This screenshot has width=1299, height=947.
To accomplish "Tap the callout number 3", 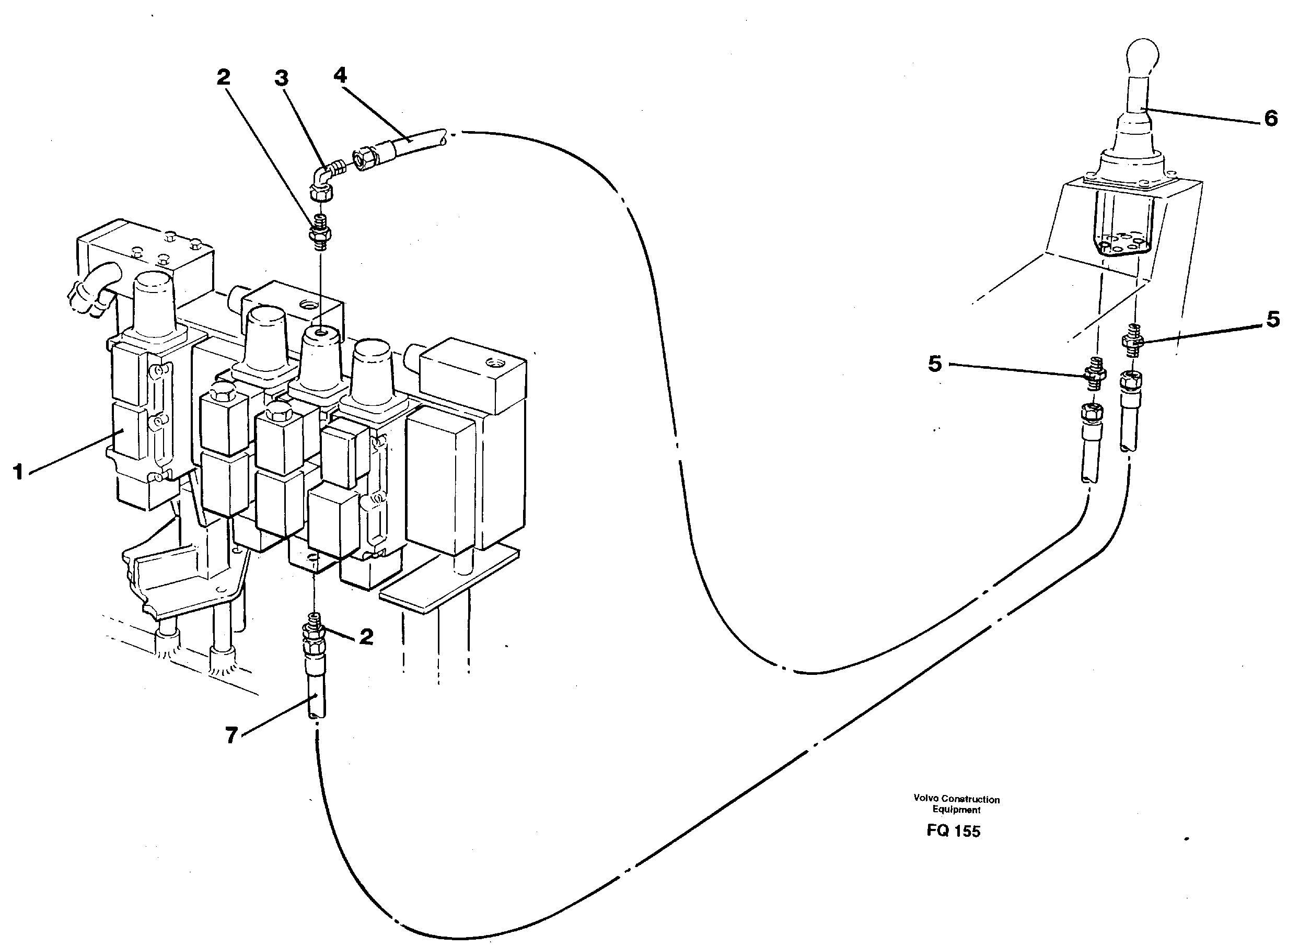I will (281, 78).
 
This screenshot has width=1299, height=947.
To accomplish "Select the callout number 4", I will (340, 75).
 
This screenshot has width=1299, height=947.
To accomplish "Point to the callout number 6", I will (1271, 119).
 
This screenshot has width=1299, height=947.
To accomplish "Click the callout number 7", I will (231, 735).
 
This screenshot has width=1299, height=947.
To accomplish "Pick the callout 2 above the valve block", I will (223, 77).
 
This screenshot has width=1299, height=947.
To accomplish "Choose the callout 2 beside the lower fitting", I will (366, 636).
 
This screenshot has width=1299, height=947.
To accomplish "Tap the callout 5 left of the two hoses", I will (935, 364).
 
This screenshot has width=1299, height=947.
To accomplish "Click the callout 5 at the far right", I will (1273, 319).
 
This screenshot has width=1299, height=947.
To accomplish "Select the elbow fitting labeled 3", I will (324, 178).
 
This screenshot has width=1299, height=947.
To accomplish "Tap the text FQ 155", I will (953, 831).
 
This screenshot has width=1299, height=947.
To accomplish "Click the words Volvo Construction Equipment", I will (956, 804).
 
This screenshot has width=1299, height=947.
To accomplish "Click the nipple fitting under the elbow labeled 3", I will (320, 230).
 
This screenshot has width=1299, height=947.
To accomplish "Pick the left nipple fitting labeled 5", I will (1094, 375).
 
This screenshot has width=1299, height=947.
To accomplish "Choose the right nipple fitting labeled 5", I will (1133, 341).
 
